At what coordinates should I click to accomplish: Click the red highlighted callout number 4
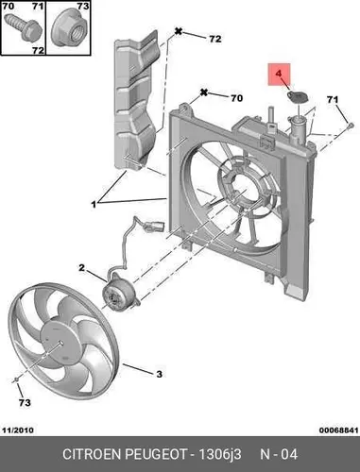point(279,74)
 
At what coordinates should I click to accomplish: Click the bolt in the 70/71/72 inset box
point(25,26)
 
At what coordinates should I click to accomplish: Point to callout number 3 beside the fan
point(160,374)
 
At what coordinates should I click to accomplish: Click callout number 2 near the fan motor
point(82,268)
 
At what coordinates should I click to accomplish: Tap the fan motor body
point(120,292)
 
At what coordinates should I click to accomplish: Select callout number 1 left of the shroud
point(94,205)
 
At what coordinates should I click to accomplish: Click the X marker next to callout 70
point(204,93)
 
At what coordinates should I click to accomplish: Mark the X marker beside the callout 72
point(179,31)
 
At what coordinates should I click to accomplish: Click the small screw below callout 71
point(351,126)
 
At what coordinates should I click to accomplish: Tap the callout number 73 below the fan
point(25,402)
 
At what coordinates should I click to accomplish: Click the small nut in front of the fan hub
point(17,380)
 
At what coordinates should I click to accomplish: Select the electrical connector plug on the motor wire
point(155,226)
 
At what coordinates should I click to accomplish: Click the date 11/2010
point(18,430)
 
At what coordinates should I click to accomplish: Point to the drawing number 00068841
point(338,430)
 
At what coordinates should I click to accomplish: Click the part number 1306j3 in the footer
point(220,454)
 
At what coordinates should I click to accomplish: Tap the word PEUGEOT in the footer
point(156,454)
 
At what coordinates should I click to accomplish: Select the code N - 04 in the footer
point(279,454)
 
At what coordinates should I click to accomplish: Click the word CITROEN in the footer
point(93,454)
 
